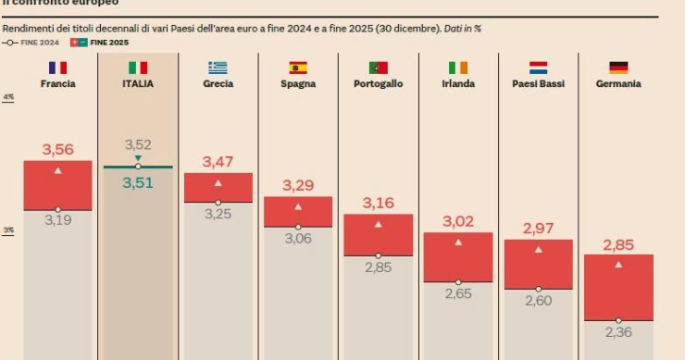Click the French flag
tap(57, 68)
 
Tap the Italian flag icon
tap(138, 68)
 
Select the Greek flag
tap(218, 68)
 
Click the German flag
tap(619, 68)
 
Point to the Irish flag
tap(458, 68)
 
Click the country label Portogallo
tap(378, 83)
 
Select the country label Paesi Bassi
tap(538, 83)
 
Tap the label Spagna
tap(298, 83)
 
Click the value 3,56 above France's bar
tap(57, 149)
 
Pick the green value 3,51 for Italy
tap(138, 182)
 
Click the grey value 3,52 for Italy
tap(138, 144)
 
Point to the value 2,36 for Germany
tap(619, 332)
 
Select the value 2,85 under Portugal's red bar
tap(378, 267)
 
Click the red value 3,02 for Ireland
tap(458, 221)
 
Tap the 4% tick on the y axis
tap(8, 97)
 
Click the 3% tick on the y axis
tap(8, 230)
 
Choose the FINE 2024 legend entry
tap(33, 43)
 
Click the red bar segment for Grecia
tap(218, 188)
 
